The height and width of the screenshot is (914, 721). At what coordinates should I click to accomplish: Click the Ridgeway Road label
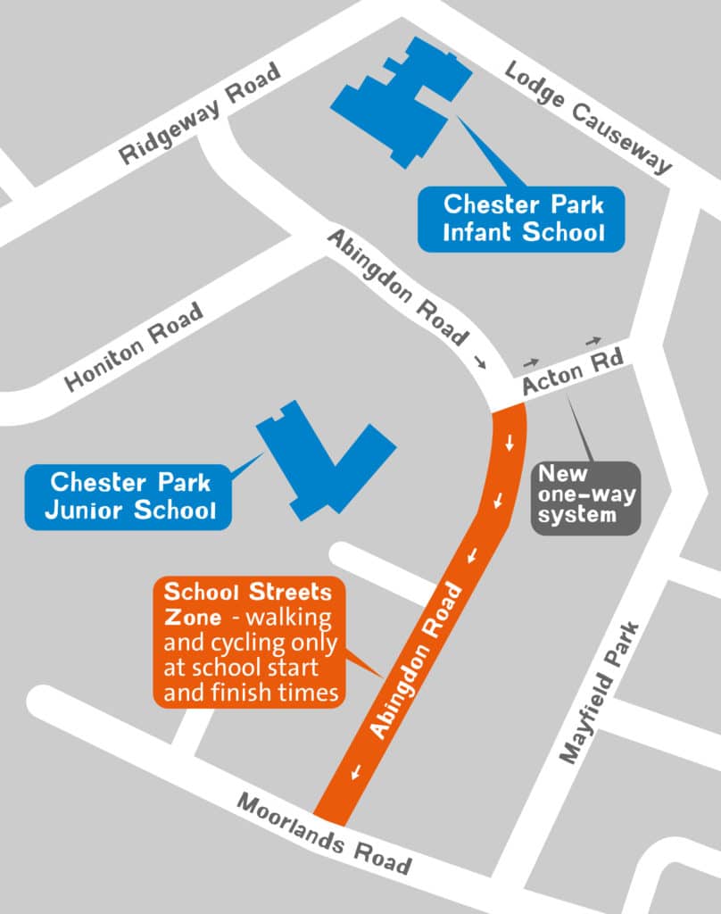(x=202, y=114)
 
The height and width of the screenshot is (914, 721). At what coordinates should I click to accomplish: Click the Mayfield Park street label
(x=601, y=693)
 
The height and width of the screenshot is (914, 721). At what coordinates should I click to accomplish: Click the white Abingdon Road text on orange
(x=417, y=661)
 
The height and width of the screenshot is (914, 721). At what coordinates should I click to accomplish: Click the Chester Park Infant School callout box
(x=524, y=219)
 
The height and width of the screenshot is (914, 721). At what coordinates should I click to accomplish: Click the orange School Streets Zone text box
(x=248, y=642)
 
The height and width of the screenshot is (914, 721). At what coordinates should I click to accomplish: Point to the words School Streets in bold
(x=247, y=592)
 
